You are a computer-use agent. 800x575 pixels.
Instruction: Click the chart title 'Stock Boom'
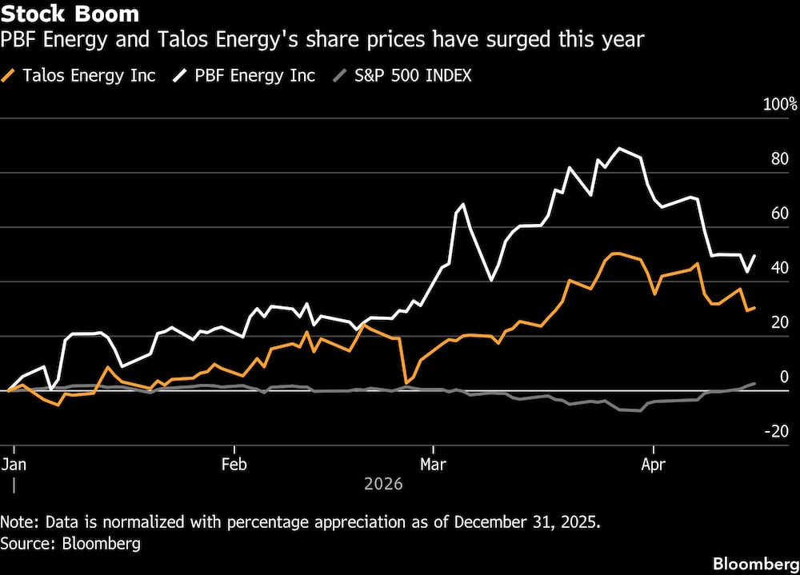[70, 14]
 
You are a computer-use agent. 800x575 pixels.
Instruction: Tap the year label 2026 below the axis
[383, 485]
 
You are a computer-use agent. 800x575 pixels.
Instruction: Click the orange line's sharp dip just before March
[406, 383]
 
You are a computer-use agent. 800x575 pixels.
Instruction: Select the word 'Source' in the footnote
[24, 544]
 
